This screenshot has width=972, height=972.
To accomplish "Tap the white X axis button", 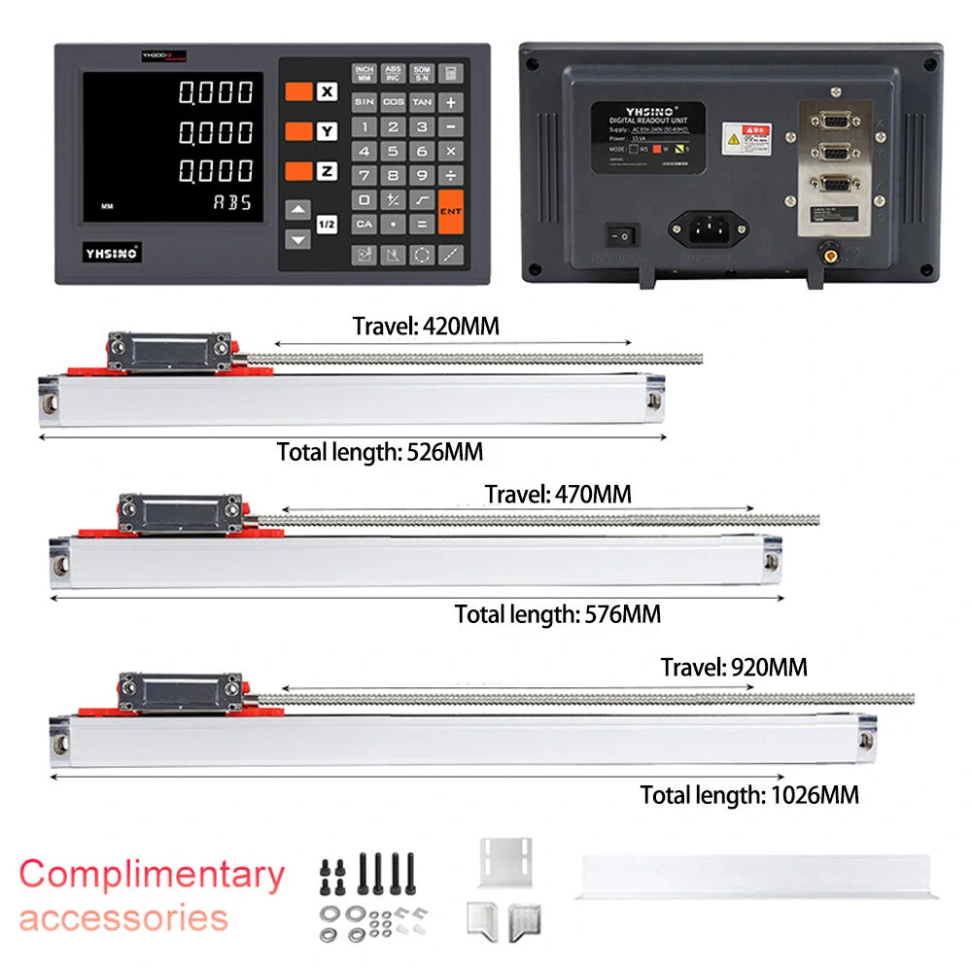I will (x=328, y=92).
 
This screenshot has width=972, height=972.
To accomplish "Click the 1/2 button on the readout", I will (x=328, y=225).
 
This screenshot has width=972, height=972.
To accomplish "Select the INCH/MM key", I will (x=364, y=74).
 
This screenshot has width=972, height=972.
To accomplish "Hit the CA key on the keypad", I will (x=364, y=224).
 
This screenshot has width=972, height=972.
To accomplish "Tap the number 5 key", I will (x=393, y=151).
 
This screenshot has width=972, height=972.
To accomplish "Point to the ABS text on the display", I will (x=233, y=202).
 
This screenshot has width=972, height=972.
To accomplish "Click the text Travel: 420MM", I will (x=426, y=327).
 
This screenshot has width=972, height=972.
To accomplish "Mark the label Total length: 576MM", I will (x=558, y=614).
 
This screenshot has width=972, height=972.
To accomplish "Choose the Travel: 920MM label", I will (x=734, y=668).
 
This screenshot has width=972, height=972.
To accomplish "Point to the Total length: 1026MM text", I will (x=749, y=795).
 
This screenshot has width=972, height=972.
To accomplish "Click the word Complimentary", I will (x=152, y=874).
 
